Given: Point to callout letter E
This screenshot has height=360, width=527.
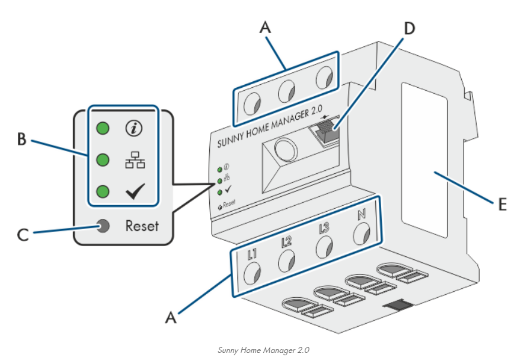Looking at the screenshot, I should click(502, 205).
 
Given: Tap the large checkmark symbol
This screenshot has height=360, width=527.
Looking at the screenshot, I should click(135, 192).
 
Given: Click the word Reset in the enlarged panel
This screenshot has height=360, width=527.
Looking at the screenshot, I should click(142, 226).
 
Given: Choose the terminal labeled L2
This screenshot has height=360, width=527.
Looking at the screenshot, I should click(287, 259).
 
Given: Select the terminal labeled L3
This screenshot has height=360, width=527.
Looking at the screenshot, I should click(324, 246).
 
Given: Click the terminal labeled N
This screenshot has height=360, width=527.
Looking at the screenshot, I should click(361, 233).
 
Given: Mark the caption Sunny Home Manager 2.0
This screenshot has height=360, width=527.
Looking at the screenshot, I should click(263, 349).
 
